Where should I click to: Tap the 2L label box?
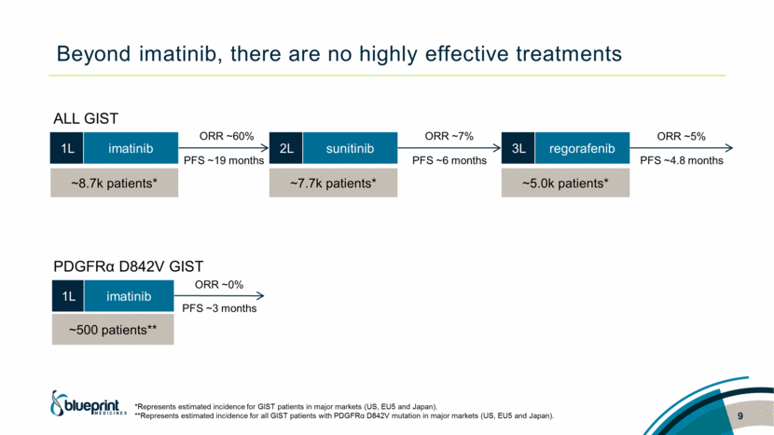286,147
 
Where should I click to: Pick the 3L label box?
519,147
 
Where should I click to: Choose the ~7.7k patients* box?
333,183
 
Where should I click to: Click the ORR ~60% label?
225,137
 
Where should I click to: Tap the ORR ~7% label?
449,137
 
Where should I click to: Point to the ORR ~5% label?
682,137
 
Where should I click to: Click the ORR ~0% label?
219,284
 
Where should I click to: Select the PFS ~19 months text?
225,160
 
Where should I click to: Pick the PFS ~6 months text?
449,160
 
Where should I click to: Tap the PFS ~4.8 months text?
682,160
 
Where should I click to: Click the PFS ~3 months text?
219,308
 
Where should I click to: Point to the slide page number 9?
739,415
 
